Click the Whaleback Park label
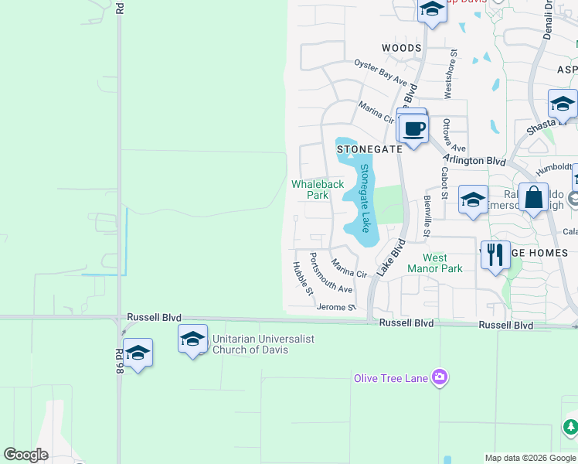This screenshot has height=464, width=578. point(317,189)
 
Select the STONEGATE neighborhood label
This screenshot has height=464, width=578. point(369,149)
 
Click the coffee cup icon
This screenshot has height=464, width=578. point(413,128)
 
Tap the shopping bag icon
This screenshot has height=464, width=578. point(534,198)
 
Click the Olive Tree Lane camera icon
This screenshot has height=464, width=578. point(440,377)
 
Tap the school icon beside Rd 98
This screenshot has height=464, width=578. point(138,353)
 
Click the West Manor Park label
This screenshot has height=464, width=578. point(443,263)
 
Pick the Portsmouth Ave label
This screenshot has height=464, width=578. point(331,272)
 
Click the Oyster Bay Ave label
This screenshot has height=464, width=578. point(380,72)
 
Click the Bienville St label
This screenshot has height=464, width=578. point(427,216)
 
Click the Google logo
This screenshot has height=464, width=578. point(25,455)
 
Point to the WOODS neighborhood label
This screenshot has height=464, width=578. point(402,48)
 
